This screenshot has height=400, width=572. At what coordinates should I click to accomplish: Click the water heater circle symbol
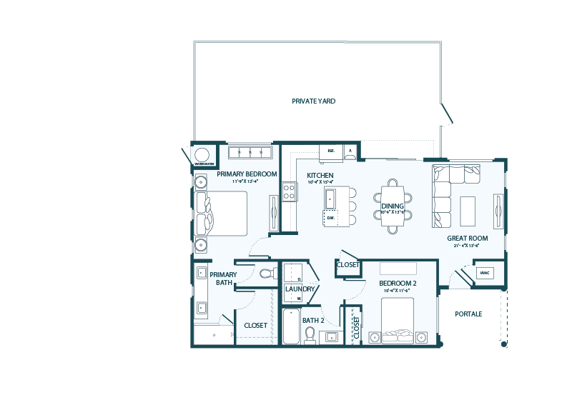202,154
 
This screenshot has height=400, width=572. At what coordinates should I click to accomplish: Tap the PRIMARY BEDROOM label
247,174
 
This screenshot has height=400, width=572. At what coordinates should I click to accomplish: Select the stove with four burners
290,191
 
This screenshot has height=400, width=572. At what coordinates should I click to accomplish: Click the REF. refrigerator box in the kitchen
331,151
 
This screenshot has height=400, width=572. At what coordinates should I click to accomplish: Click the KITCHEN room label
320,175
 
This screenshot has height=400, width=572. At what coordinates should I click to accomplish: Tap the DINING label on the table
393,206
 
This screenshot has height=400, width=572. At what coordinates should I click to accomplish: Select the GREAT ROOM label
467,239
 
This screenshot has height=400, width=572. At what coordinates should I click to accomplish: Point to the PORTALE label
468,314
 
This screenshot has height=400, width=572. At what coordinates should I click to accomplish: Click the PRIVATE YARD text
313,101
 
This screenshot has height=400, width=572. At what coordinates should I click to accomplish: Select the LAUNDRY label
300,289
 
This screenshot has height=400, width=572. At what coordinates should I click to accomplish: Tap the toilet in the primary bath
267,273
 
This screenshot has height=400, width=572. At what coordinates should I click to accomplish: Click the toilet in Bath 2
311,334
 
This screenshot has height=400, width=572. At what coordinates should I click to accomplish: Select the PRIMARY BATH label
223,278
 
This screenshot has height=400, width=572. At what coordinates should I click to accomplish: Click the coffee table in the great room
468,211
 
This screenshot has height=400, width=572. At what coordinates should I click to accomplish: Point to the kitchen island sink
330,198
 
